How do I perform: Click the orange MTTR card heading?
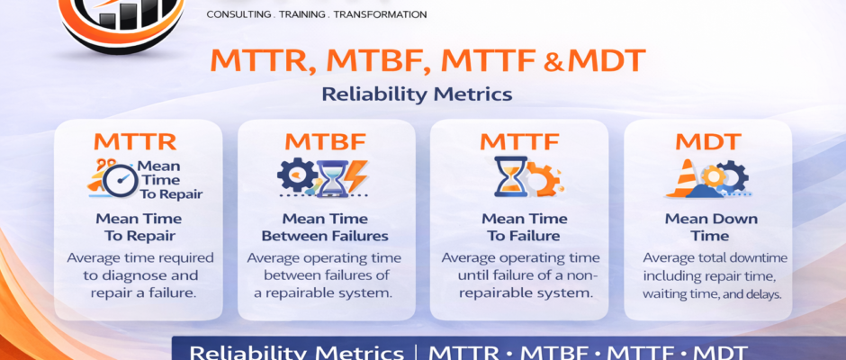click(x=135, y=141)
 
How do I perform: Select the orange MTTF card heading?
click(x=520, y=141)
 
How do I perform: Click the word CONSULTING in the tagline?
click(x=240, y=14)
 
